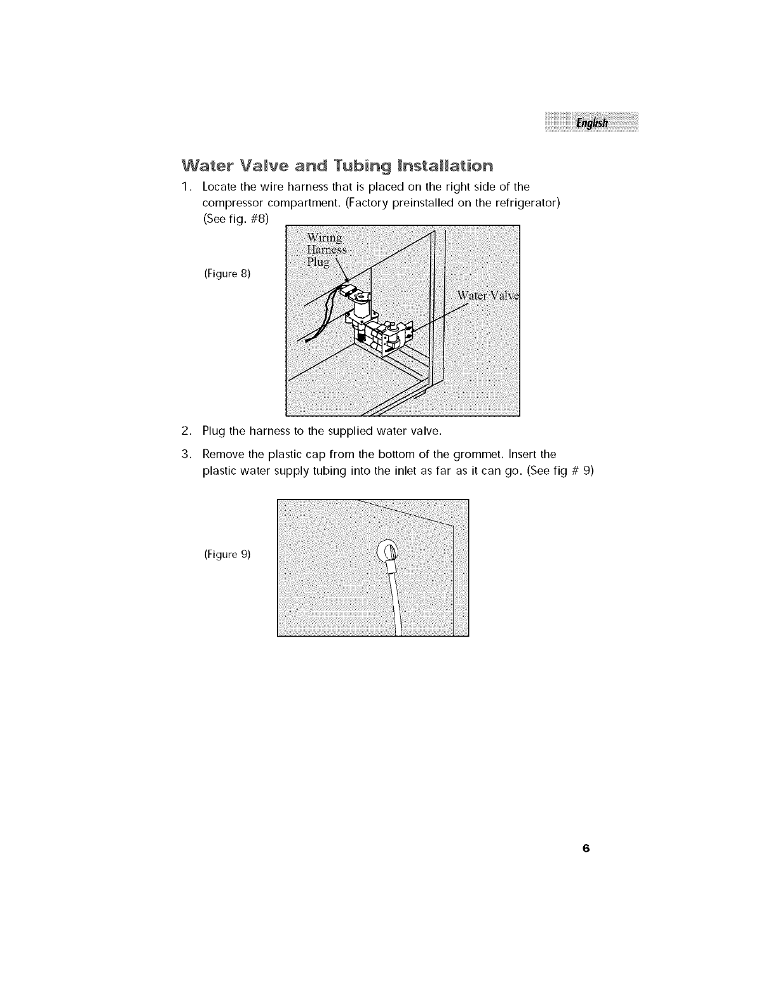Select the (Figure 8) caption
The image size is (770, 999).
tap(227, 274)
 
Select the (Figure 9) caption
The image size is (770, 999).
tap(227, 554)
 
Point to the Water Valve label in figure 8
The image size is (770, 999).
tap(487, 296)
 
